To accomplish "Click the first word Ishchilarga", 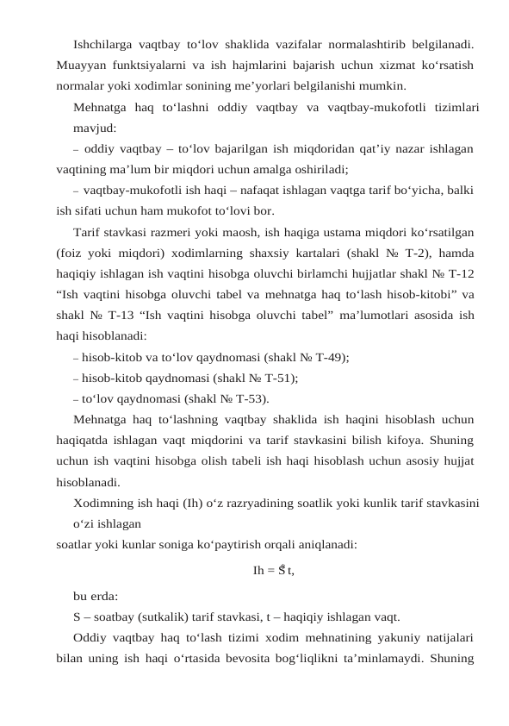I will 104,41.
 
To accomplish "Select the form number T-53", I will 248,398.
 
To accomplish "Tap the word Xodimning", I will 106,504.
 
